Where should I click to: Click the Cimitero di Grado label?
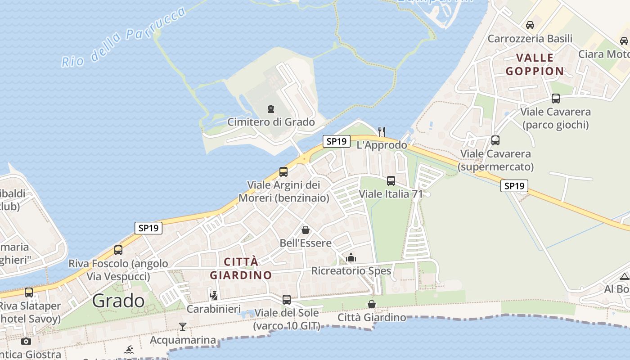pyautogui.click(x=271, y=122)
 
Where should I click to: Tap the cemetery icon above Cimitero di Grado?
pyautogui.click(x=271, y=109)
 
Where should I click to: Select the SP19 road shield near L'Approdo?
pyautogui.click(x=337, y=141)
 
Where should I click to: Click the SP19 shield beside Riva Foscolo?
pyautogui.click(x=148, y=228)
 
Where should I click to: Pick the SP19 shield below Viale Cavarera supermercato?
pyautogui.click(x=514, y=186)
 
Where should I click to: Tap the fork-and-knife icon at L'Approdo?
pyautogui.click(x=382, y=131)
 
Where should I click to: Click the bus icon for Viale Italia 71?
pyautogui.click(x=391, y=181)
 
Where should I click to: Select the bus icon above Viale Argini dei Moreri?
pyautogui.click(x=283, y=171)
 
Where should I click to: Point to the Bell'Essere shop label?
pyautogui.click(x=306, y=243)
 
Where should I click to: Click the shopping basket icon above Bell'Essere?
pyautogui.click(x=306, y=230)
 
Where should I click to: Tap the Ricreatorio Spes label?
pyautogui.click(x=351, y=271)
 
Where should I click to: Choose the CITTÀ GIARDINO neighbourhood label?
pyautogui.click(x=241, y=268)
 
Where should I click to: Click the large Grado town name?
pyautogui.click(x=119, y=301)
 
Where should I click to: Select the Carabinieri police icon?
pyautogui.click(x=214, y=296)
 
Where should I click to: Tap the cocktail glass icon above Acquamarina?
pyautogui.click(x=183, y=327)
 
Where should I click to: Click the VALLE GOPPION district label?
pyautogui.click(x=535, y=64)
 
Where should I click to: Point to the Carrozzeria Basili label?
pyautogui.click(x=530, y=39)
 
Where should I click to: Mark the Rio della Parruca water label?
pyautogui.click(x=124, y=37)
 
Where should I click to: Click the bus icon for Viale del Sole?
pyautogui.click(x=287, y=299)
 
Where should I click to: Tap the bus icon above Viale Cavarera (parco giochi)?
pyautogui.click(x=556, y=99)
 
